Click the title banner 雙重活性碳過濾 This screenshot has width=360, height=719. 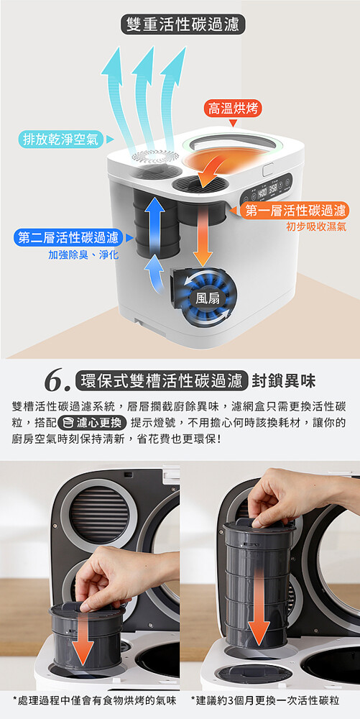pyautogui.click(x=183, y=24)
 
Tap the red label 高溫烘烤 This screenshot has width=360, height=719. pyautogui.click(x=233, y=109)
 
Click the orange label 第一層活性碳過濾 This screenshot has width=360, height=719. pyautogui.click(x=295, y=211)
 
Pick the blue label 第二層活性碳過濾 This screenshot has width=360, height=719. pyautogui.click(x=68, y=237)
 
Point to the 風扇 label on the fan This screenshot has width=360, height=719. pyautogui.click(x=208, y=299)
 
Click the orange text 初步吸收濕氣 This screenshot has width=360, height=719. pyautogui.click(x=316, y=226)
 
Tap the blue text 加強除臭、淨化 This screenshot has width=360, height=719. pyautogui.click(x=83, y=255)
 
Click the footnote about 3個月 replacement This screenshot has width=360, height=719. pyautogui.click(x=265, y=700)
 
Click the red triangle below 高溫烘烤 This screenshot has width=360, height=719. pyautogui.click(x=233, y=123)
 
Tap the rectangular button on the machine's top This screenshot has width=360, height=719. pyautogui.click(x=269, y=169)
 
